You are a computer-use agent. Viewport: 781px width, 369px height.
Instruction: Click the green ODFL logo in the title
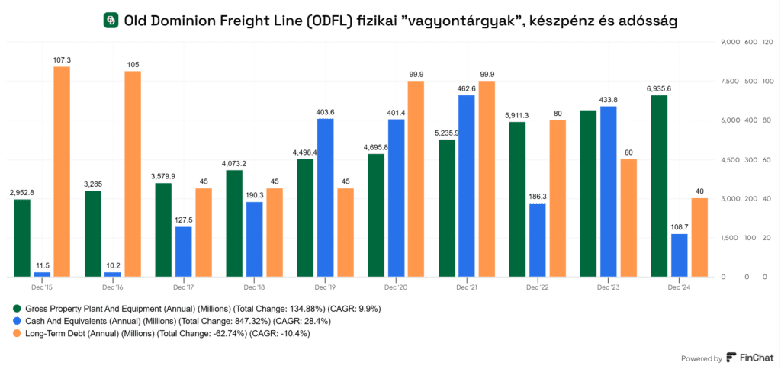point(111,21)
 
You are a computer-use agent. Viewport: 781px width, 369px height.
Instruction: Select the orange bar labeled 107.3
point(62,172)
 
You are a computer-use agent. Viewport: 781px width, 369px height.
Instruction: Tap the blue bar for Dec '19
point(326,197)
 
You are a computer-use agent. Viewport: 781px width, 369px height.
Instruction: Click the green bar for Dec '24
point(659,186)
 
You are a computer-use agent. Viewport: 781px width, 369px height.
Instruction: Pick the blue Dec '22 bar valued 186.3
point(537,239)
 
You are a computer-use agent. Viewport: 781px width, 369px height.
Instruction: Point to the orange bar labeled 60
point(628,217)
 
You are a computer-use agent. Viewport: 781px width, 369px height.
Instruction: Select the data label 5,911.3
point(516,115)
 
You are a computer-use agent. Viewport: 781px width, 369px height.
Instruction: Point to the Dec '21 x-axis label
point(467,287)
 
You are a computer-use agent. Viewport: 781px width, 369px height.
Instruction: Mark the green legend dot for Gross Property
point(18,309)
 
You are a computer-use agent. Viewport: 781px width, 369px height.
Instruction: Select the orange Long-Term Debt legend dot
point(18,334)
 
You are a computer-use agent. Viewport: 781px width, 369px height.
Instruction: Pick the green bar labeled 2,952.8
point(22,237)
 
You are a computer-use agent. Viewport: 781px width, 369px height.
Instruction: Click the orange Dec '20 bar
point(416,178)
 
